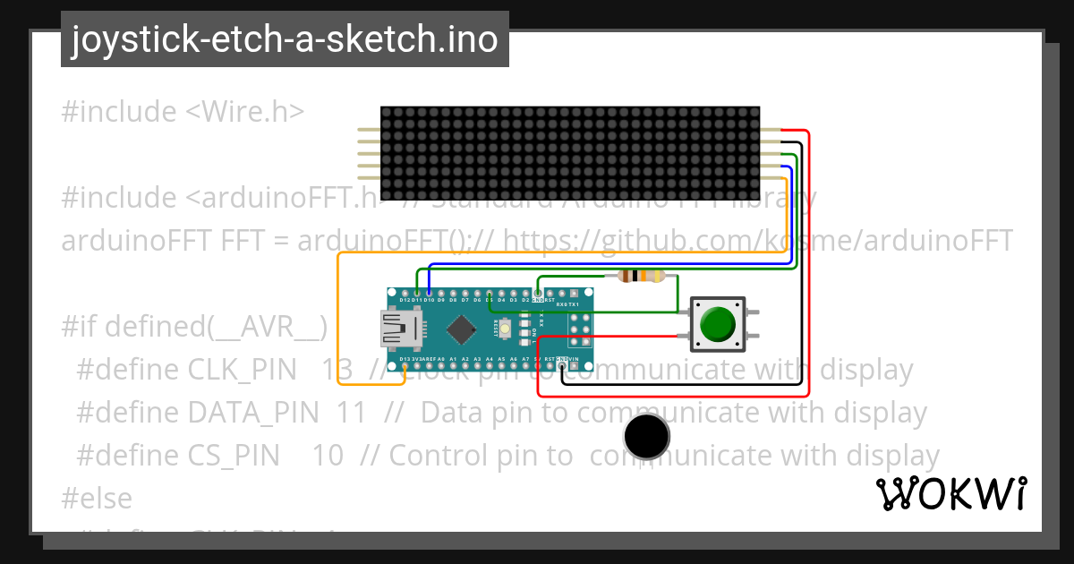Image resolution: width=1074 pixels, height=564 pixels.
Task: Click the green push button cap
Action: [719, 324]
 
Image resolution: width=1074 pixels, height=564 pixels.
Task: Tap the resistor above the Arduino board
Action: [642, 276]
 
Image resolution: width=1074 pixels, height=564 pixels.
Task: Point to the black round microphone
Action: [646, 437]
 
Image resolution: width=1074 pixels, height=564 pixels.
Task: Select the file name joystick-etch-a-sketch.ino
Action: [285, 39]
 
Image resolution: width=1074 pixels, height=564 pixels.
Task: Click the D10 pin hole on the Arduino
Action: [430, 294]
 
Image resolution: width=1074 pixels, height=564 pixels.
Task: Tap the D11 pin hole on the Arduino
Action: [417, 294]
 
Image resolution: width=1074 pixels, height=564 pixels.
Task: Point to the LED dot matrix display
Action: [570, 153]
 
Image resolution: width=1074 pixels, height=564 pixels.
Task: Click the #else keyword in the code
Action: [97, 498]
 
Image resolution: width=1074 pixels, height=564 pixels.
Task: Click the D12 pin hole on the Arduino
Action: [405, 294]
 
